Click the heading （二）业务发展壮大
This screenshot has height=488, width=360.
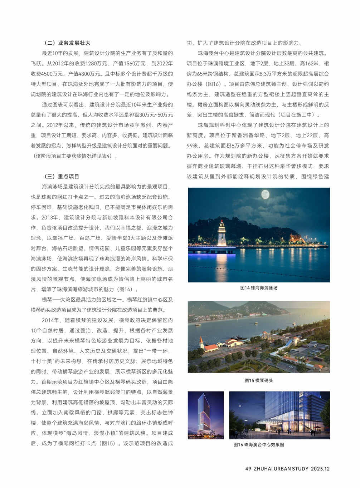tap(67, 43)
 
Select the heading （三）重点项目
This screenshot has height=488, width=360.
tap(61, 177)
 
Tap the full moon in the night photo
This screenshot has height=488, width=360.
tap(265, 194)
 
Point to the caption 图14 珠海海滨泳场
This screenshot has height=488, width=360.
tap(259, 288)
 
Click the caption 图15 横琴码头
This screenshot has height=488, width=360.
tap(259, 380)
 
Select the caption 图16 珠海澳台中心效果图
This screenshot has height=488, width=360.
tap(259, 445)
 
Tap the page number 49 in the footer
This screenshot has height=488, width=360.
tap(248, 469)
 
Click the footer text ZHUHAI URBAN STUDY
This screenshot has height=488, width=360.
tap(281, 469)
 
